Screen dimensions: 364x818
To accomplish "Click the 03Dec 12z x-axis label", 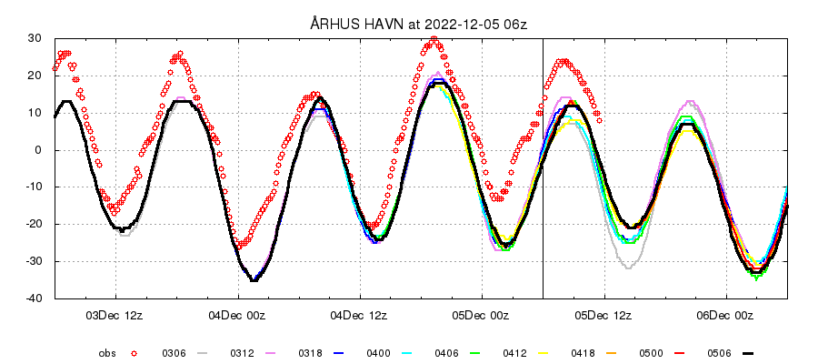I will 116,316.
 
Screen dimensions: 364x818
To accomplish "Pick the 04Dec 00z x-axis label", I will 238,316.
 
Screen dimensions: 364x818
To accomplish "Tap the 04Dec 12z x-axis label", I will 360,316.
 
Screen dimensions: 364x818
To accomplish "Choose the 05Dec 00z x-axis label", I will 483,316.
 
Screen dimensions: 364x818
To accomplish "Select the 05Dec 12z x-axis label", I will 604,316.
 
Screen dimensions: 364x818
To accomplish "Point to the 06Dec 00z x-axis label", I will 726,316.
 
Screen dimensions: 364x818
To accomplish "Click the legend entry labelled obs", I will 107,352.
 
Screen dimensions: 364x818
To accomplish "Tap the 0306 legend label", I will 175,352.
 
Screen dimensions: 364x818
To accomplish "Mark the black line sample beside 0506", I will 748,352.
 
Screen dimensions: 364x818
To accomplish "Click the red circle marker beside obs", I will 134,352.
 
